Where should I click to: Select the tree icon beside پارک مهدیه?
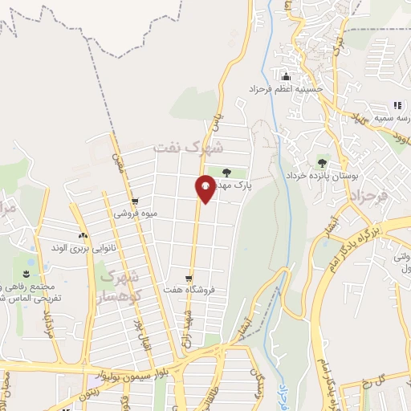click(x=226, y=172)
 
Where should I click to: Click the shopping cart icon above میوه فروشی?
click(x=135, y=201)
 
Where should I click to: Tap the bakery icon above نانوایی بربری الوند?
click(x=83, y=235)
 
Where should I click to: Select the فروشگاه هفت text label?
click(x=187, y=289)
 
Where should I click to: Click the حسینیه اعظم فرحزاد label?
click(x=285, y=88)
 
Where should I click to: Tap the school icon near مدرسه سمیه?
click(x=397, y=105)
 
